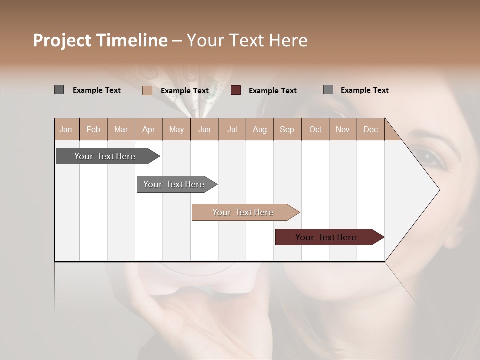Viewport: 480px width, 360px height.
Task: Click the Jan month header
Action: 66,129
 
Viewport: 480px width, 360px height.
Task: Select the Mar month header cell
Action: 121,129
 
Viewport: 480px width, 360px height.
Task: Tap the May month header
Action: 176,129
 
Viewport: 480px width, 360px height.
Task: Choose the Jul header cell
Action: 232,129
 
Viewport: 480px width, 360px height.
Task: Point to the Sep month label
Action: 287,129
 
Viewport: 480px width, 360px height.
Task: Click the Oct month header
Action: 315,129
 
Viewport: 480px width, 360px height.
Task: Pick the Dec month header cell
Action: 370,129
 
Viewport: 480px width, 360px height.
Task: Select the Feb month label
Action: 93,129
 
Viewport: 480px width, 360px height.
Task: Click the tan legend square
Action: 147,90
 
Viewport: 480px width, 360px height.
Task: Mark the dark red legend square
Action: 236,90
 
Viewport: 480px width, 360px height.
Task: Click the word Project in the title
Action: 62,40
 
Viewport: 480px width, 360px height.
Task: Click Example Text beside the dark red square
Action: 272,90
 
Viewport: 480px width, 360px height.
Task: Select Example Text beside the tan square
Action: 184,90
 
